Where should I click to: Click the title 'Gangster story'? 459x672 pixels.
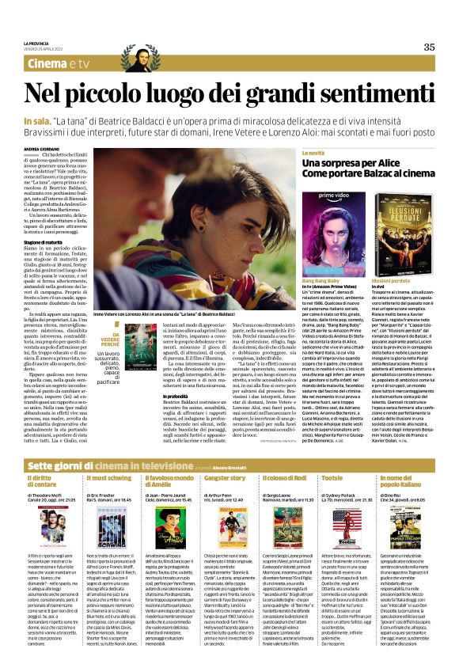[225, 457]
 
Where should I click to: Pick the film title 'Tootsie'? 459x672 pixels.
[332, 457]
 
